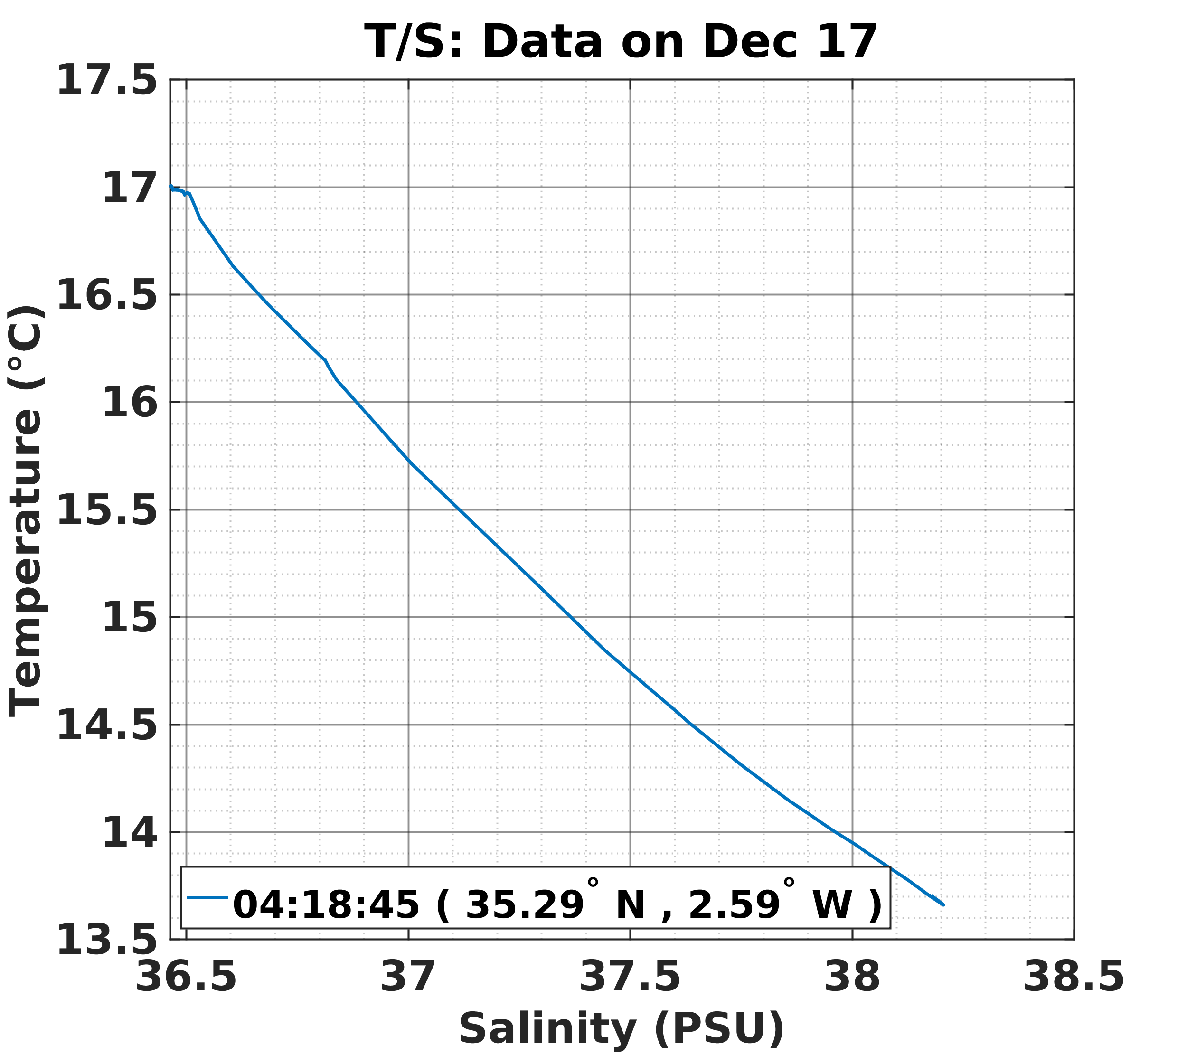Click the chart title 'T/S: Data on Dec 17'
point(620,42)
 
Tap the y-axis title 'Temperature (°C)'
point(26,510)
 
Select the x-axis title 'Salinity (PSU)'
point(622,1028)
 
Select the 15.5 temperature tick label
point(107,510)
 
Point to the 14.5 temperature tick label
point(107,726)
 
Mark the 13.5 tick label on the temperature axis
point(107,941)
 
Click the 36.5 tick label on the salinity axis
point(186,977)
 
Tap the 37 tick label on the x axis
point(408,977)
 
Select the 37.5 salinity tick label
point(630,977)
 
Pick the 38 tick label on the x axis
point(852,977)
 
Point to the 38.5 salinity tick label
point(1074,977)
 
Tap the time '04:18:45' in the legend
point(326,904)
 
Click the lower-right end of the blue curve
point(943,904)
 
